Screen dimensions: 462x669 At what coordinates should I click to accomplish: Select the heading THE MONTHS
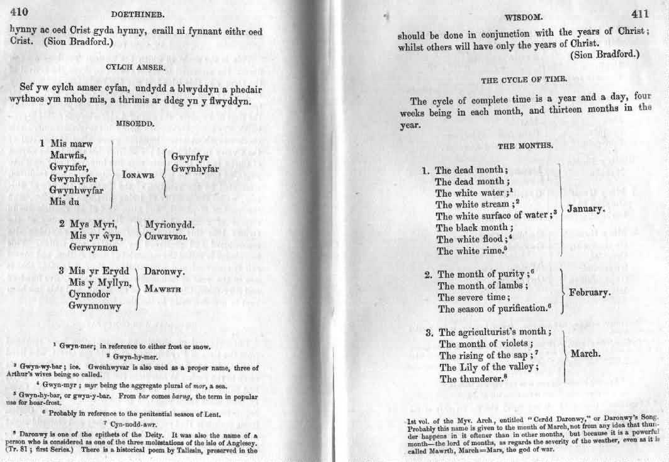pos(526,146)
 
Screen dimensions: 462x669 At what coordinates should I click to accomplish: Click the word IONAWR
pos(138,175)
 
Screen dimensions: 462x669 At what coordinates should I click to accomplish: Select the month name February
pos(589,293)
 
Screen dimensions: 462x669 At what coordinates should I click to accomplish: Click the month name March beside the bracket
pos(585,354)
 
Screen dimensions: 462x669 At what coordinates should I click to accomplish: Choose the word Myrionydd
pos(170,224)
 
